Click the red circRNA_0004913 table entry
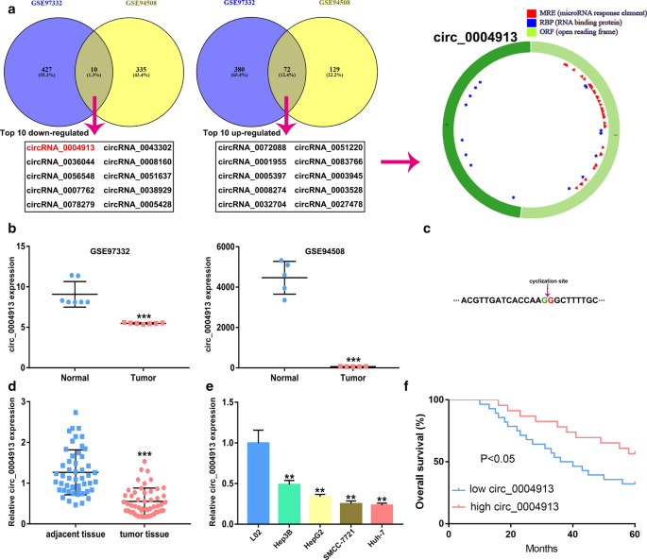[x=60, y=148]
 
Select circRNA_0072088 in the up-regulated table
[x=250, y=148]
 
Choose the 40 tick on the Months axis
[x=574, y=536]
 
